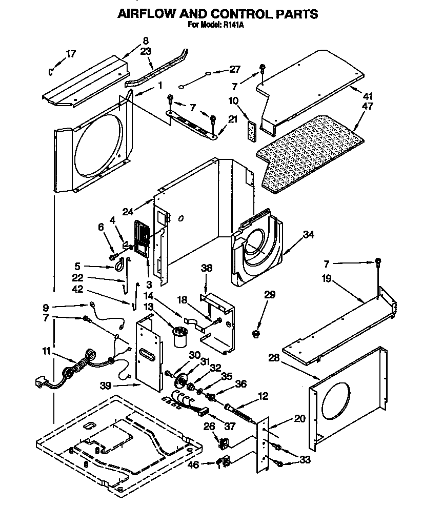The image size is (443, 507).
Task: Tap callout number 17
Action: [72, 54]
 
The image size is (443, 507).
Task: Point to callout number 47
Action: [367, 107]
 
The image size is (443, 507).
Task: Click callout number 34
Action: [308, 235]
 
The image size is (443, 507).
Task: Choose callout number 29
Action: [270, 294]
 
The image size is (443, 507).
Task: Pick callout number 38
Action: [206, 268]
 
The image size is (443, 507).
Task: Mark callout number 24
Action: [128, 210]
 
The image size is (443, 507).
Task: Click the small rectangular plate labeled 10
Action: [251, 130]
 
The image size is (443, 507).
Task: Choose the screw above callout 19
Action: [378, 262]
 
